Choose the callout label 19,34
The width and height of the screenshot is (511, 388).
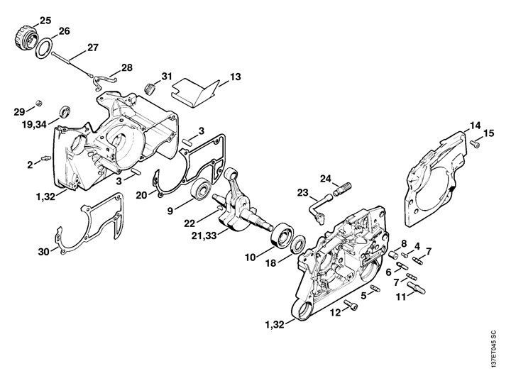(x=35, y=123)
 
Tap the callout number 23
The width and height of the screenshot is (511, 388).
(x=302, y=193)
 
